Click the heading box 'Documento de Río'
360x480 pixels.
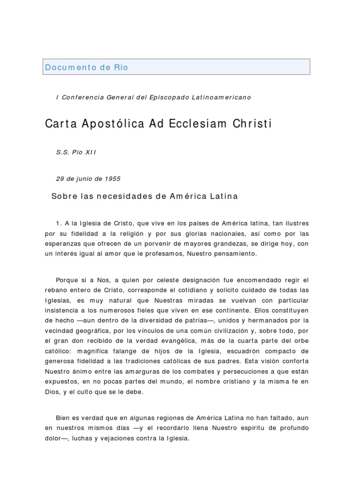coord(177,67)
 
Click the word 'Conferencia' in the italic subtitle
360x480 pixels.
coord(81,97)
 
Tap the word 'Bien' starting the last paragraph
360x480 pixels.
coord(62,418)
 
